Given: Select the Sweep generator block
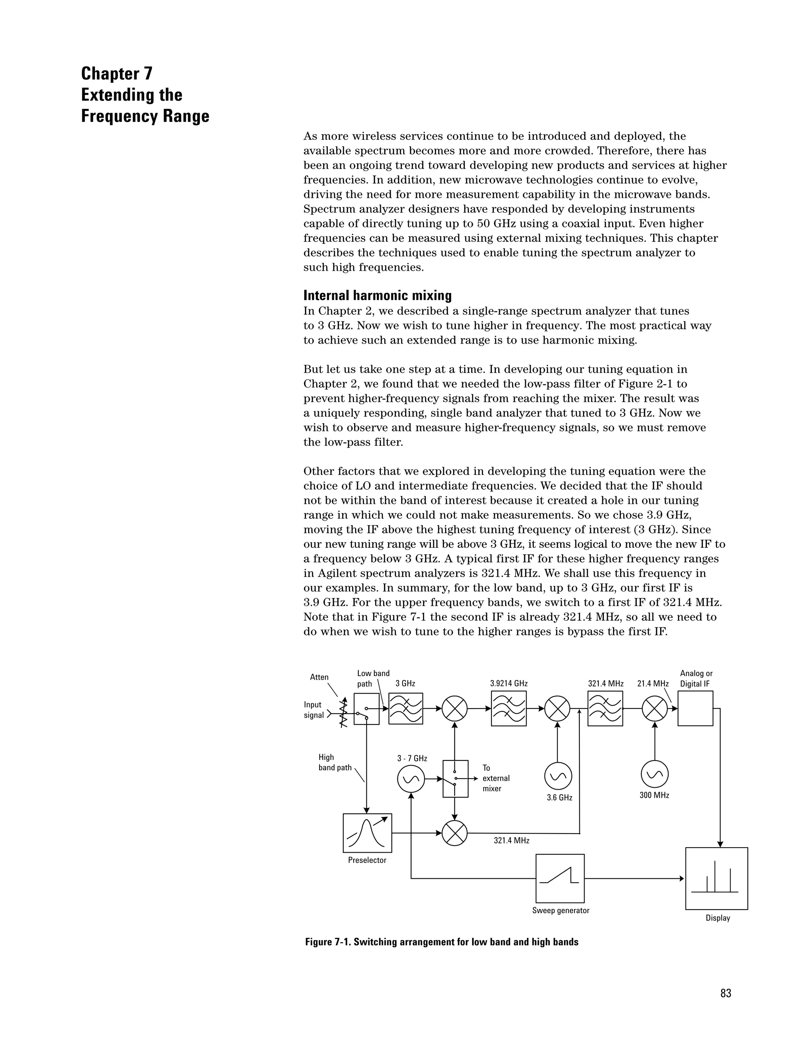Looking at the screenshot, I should click(560, 878).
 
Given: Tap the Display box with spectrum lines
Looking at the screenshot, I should click(716, 878).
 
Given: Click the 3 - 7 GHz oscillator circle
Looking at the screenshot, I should click(411, 779).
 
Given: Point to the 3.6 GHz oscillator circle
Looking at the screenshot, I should click(558, 776).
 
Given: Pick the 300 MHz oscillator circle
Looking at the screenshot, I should click(654, 774).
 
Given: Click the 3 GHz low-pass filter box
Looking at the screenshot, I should click(405, 709).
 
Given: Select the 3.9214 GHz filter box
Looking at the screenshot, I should click(508, 709).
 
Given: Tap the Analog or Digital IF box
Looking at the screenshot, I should click(695, 709).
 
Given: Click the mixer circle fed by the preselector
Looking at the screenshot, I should click(455, 833).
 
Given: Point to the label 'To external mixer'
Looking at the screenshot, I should click(495, 778).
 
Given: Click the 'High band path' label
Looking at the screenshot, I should click(335, 763).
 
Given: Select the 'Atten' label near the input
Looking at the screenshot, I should click(319, 677).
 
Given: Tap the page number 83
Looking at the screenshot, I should click(725, 993).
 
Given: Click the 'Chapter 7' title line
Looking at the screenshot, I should click(117, 74).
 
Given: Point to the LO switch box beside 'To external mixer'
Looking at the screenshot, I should click(455, 779).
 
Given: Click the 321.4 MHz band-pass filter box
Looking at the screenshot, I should click(605, 709).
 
